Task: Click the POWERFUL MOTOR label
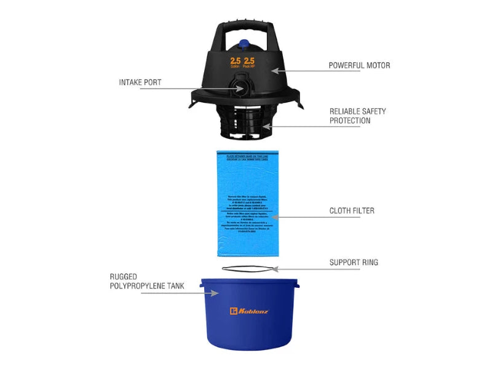[x=359, y=65]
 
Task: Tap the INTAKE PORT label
[x=140, y=82]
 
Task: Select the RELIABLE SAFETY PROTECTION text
[x=358, y=116]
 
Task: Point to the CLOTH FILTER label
[x=352, y=211]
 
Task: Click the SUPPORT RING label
[x=354, y=263]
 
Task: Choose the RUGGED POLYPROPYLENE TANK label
[x=146, y=282]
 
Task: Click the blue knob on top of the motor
[x=244, y=45]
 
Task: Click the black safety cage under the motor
[x=245, y=121]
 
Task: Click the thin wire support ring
[x=246, y=268]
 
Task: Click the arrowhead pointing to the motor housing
[x=275, y=71]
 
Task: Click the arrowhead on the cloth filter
[x=275, y=216]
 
